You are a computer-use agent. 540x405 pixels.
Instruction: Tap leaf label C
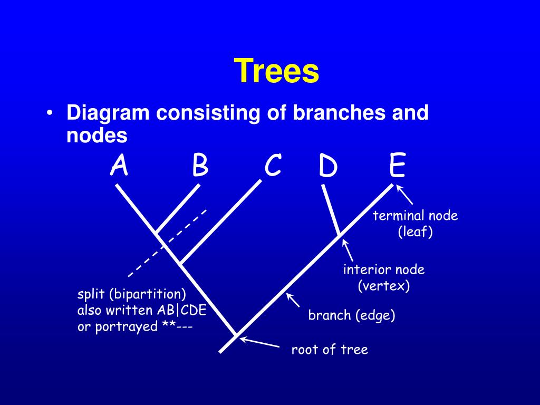[x=273, y=166]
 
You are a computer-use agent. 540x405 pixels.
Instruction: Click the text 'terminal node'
[x=416, y=216]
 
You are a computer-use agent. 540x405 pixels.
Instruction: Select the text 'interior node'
[x=384, y=270]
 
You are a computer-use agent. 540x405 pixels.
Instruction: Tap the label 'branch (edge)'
[x=352, y=315]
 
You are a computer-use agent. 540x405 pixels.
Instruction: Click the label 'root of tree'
[x=330, y=349]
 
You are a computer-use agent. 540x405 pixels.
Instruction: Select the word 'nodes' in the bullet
[x=97, y=136]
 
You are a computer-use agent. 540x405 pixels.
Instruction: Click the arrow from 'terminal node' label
[x=404, y=195]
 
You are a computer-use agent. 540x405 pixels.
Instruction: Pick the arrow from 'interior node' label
[x=349, y=251]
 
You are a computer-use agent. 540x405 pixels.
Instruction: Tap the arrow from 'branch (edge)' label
[x=294, y=301]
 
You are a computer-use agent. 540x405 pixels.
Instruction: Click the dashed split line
[x=166, y=243]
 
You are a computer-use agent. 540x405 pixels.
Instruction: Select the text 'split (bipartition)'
[x=132, y=294]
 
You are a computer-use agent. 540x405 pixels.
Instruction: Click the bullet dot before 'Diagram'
[x=49, y=114]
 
